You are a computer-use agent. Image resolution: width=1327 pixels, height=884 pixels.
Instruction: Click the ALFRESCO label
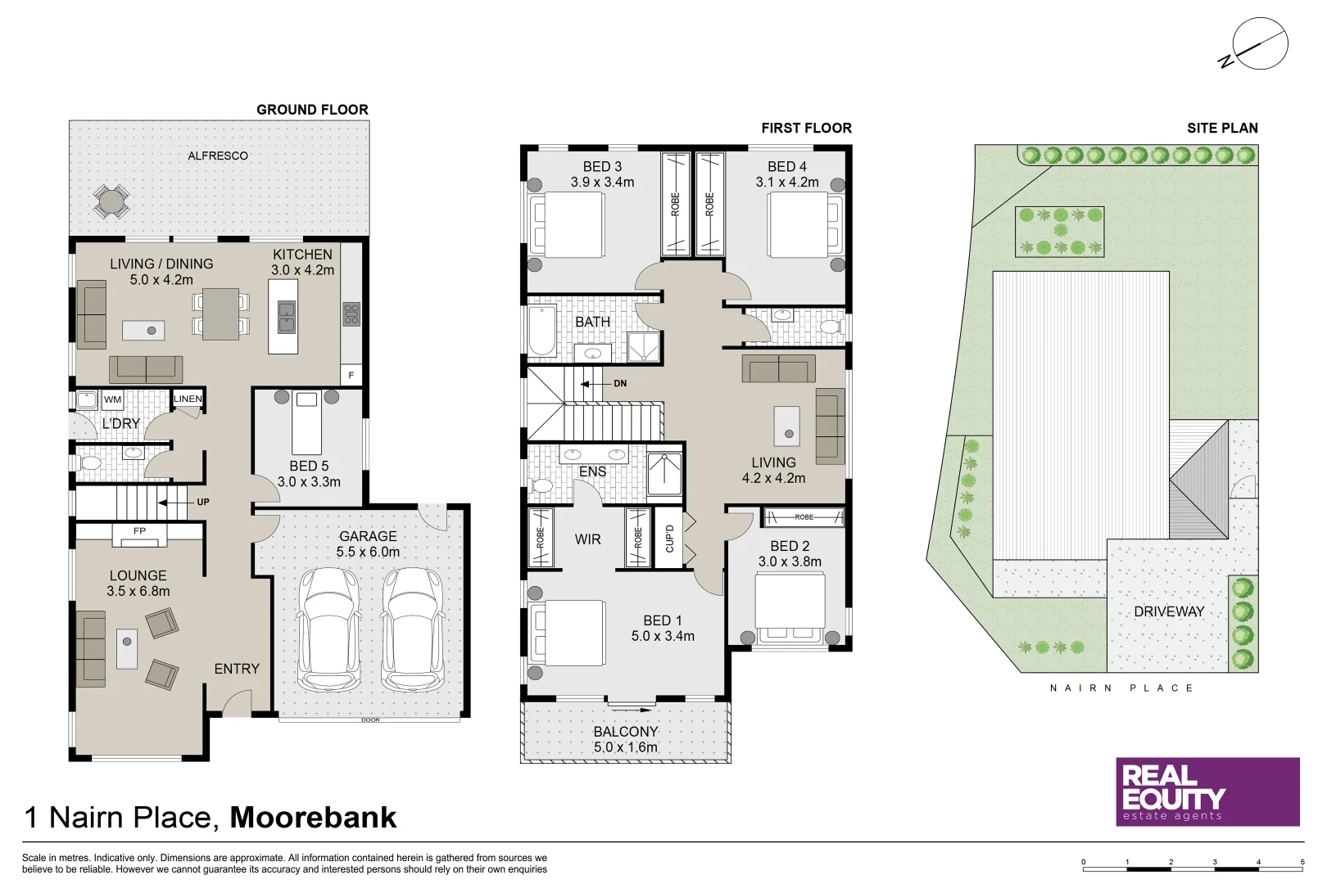coord(217,156)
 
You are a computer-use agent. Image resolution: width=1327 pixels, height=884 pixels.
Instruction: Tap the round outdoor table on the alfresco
coord(111,201)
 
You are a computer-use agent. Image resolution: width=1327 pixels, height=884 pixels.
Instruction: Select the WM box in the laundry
coord(112,399)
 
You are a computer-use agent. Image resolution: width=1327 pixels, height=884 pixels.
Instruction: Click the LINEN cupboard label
coord(188,399)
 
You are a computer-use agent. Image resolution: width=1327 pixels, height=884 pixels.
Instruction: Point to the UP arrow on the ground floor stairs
coord(174,502)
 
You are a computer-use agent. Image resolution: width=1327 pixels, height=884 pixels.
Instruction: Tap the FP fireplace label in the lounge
coord(139,531)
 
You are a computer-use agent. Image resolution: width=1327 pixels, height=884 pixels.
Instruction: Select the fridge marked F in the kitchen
coord(351,375)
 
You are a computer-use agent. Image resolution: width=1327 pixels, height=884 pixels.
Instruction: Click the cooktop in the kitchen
coord(351,313)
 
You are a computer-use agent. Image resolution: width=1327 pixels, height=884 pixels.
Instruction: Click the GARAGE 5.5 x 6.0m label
coord(368,543)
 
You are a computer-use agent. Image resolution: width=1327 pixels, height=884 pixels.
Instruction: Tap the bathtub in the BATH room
coord(541,331)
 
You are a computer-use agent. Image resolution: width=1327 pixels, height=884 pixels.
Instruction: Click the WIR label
coord(587,539)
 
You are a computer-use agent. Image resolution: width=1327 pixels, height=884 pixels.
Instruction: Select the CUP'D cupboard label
coord(669,538)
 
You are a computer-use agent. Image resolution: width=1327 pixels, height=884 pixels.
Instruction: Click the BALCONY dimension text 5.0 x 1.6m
coord(625,746)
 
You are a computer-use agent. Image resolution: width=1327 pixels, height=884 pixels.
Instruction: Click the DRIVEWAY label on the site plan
coord(1169,611)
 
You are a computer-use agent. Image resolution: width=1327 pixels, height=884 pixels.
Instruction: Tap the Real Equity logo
coord(1207,792)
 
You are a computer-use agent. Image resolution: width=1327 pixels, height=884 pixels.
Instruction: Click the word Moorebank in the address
coord(313,817)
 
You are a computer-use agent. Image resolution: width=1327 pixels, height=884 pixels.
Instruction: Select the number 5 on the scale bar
coord(1302,862)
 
